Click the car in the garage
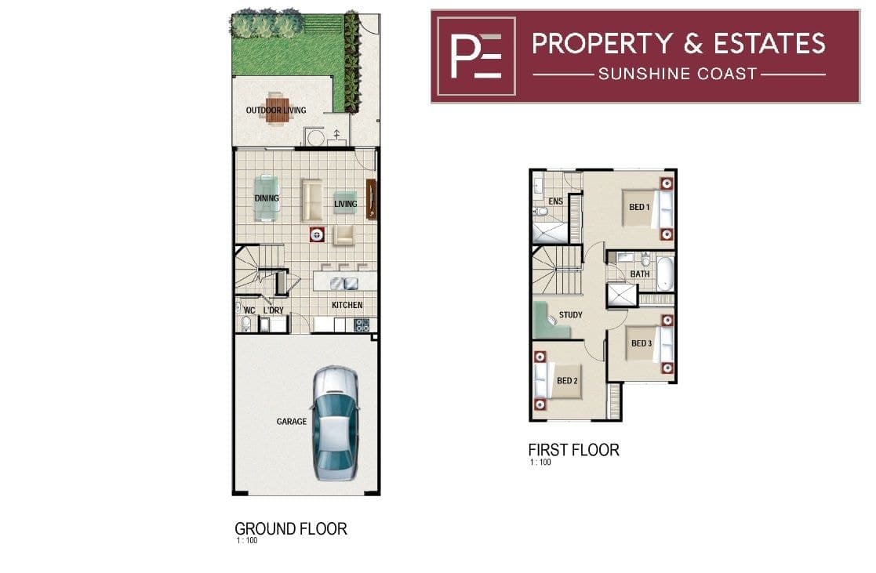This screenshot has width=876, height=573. (x=335, y=423)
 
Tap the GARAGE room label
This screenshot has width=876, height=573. (x=292, y=422)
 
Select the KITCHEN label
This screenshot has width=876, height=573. (x=347, y=305)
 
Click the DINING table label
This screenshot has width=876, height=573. (x=267, y=198)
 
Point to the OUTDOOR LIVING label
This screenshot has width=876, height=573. (x=276, y=110)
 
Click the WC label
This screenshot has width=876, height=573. (x=249, y=310)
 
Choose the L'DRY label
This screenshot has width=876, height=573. (x=274, y=310)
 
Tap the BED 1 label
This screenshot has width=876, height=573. (x=640, y=207)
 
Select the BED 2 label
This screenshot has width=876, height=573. (x=567, y=381)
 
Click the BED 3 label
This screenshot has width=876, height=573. (x=642, y=343)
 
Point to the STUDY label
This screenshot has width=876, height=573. (x=570, y=315)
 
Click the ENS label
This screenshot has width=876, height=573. (x=555, y=201)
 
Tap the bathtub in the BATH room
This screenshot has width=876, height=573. (x=665, y=274)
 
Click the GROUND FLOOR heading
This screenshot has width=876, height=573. (x=290, y=528)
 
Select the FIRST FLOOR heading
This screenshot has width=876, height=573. (x=574, y=450)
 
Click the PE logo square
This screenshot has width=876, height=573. (x=476, y=56)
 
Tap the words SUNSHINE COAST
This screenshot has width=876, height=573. (x=678, y=74)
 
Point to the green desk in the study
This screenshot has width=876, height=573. (x=549, y=321)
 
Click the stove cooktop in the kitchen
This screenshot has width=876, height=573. (x=362, y=325)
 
